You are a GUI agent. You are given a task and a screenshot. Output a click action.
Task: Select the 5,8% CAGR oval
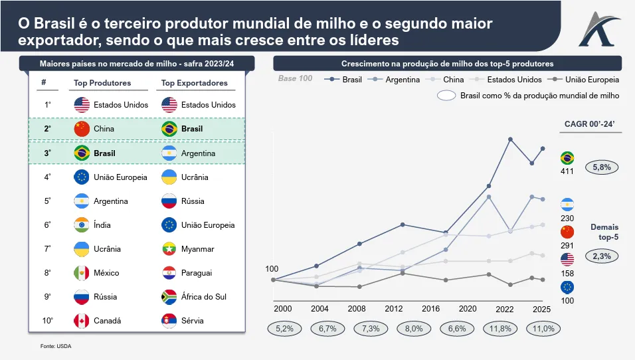tap(601, 167)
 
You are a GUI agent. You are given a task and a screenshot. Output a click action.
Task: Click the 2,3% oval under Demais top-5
tap(601, 255)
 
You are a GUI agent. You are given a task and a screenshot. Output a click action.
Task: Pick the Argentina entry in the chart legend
tap(397, 80)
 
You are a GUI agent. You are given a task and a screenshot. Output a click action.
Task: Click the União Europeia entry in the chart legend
tap(587, 80)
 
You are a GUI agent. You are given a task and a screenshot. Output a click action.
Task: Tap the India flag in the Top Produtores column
tap(82, 225)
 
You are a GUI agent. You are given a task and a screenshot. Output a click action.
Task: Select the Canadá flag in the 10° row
tap(82, 321)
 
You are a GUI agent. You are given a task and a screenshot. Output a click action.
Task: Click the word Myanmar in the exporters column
tap(197, 249)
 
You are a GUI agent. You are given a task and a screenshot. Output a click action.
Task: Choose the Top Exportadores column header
tap(194, 83)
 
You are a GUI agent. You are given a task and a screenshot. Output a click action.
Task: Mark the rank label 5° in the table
tap(47, 201)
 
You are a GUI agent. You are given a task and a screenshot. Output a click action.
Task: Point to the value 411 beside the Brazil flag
tap(567, 171)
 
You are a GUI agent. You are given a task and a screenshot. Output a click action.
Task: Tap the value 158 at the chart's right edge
tap(567, 274)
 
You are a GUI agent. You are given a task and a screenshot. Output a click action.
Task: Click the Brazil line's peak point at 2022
tap(510, 139)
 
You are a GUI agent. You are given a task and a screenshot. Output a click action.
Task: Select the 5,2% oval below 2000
tap(284, 328)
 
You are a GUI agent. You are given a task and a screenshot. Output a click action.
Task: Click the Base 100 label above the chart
tap(295, 79)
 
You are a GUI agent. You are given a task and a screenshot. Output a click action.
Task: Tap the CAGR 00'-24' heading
tap(590, 124)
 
